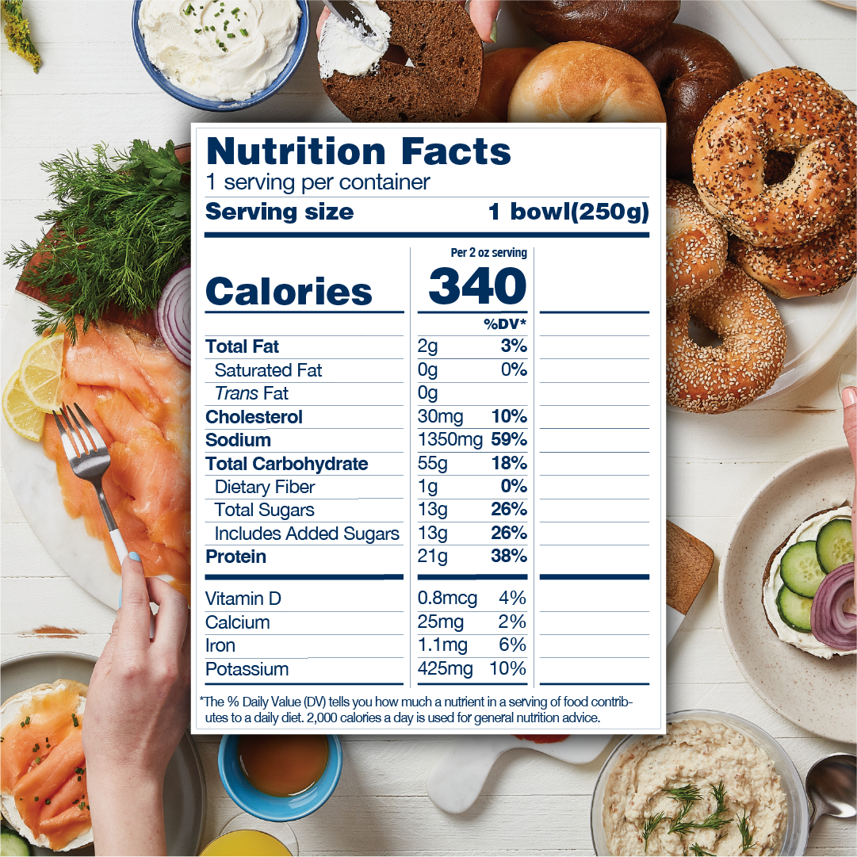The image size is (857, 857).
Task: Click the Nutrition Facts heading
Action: click(358, 151)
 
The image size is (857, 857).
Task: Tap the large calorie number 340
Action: click(477, 287)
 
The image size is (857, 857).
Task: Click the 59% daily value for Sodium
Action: click(509, 440)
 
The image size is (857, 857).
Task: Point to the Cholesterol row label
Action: click(254, 417)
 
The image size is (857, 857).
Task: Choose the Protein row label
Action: click(235, 557)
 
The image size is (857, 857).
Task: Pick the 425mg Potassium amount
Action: click(445, 669)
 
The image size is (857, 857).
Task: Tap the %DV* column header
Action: click(505, 323)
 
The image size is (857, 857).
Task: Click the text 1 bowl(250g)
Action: click(568, 212)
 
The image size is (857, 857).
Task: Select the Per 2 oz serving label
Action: click(488, 253)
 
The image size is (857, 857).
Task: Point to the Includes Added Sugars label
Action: click(307, 534)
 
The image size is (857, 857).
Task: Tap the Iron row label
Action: click(220, 645)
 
